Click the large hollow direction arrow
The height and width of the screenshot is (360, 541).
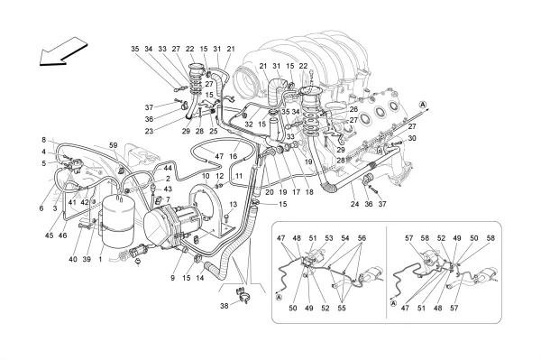tap(64, 51)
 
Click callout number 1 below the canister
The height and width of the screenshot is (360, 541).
tap(100, 259)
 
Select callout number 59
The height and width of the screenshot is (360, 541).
tap(114, 145)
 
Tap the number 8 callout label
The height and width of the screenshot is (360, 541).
tap(44, 140)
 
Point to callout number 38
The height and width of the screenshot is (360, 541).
tap(225, 306)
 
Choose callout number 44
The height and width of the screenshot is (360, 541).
tap(168, 168)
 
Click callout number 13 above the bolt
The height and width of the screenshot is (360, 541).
tap(234, 204)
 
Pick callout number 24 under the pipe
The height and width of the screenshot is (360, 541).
tap(354, 204)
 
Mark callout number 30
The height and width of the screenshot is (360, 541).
tap(412, 138)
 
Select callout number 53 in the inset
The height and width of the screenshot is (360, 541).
tap(329, 238)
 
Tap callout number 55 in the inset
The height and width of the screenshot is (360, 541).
tap(342, 308)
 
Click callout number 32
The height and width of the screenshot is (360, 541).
tap(249, 125)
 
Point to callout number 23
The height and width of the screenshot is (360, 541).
tap(149, 131)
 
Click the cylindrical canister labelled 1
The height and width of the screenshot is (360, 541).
tap(117, 220)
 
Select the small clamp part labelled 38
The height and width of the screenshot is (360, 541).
tap(243, 296)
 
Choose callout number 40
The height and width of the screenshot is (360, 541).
tap(73, 259)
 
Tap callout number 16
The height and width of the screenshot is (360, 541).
tap(234, 156)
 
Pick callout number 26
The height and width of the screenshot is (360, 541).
tap(353, 109)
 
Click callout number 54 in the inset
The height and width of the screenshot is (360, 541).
tap(345, 238)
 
